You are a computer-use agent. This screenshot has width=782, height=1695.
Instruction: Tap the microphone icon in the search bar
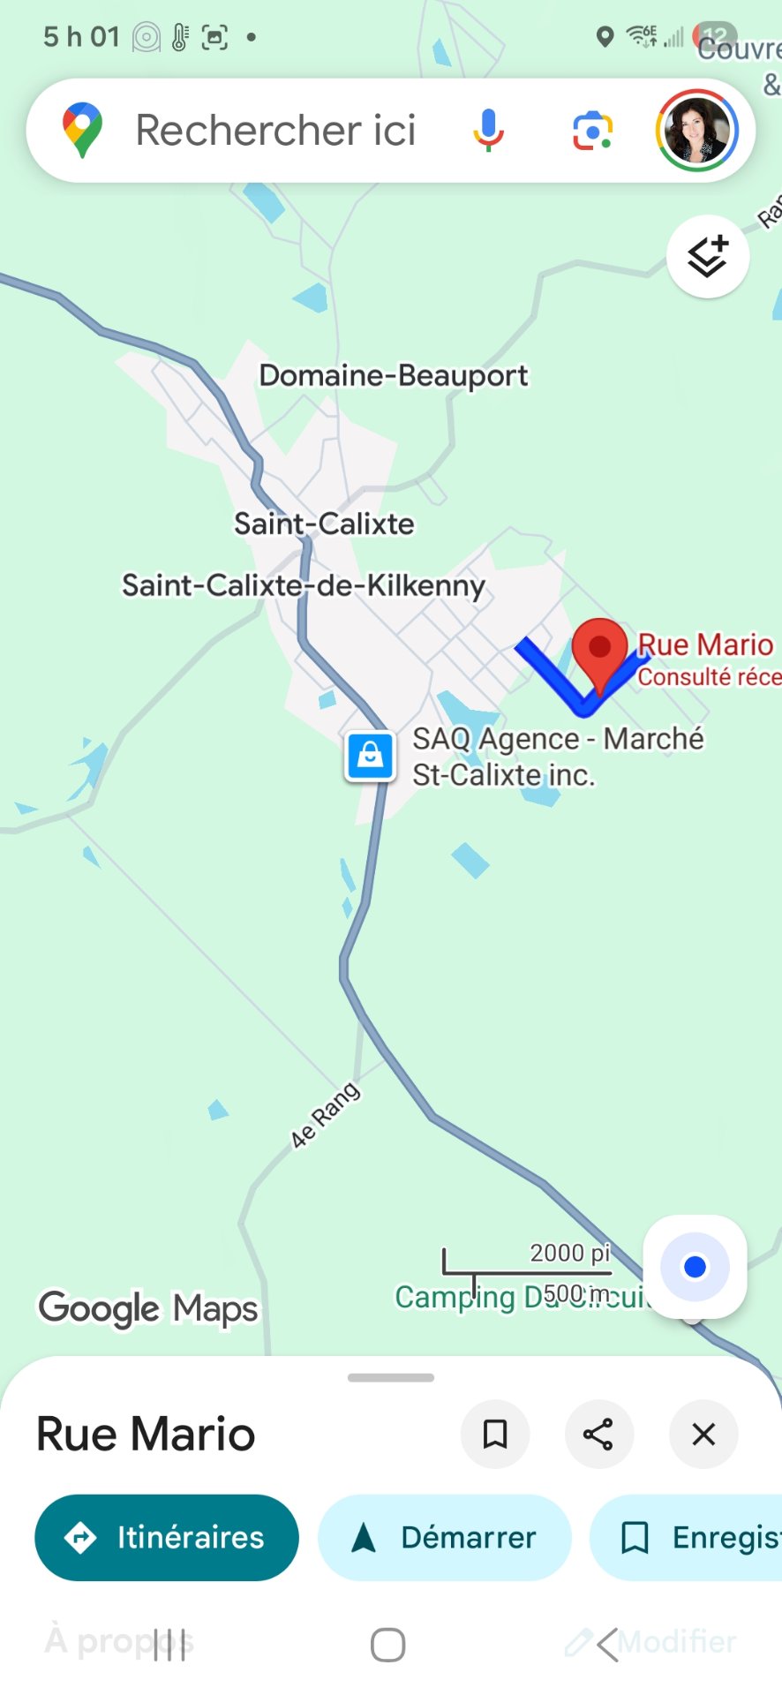(x=488, y=131)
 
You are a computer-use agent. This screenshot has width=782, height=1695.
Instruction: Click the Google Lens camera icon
(x=592, y=131)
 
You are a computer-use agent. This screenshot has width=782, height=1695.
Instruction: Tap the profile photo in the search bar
(x=696, y=131)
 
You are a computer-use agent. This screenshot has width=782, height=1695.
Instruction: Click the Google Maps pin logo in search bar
(x=82, y=131)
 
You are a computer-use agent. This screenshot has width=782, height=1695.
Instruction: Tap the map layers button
(x=708, y=257)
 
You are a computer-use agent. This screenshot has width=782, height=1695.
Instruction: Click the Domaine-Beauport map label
(x=393, y=375)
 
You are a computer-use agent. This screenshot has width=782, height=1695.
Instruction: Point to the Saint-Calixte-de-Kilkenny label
(x=303, y=585)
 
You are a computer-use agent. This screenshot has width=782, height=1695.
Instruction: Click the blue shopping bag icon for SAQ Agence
(x=370, y=757)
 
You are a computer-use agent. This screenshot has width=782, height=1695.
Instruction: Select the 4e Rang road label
(x=325, y=1115)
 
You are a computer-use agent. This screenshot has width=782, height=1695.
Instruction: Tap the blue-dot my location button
(x=695, y=1267)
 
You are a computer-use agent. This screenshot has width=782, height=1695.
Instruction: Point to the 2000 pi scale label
(x=569, y=1253)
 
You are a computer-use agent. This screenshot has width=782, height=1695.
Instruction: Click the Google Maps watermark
(x=148, y=1308)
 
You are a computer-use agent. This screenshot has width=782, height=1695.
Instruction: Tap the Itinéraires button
(x=167, y=1537)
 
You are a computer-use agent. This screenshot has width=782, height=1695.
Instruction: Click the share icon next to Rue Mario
(x=598, y=1435)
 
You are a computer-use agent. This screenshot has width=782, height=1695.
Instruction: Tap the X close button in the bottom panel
(x=703, y=1435)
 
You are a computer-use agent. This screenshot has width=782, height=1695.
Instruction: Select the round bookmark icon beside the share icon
(x=495, y=1435)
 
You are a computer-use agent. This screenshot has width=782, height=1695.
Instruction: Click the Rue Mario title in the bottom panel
(x=146, y=1435)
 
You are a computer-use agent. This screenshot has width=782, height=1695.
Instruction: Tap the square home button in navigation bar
(x=387, y=1645)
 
